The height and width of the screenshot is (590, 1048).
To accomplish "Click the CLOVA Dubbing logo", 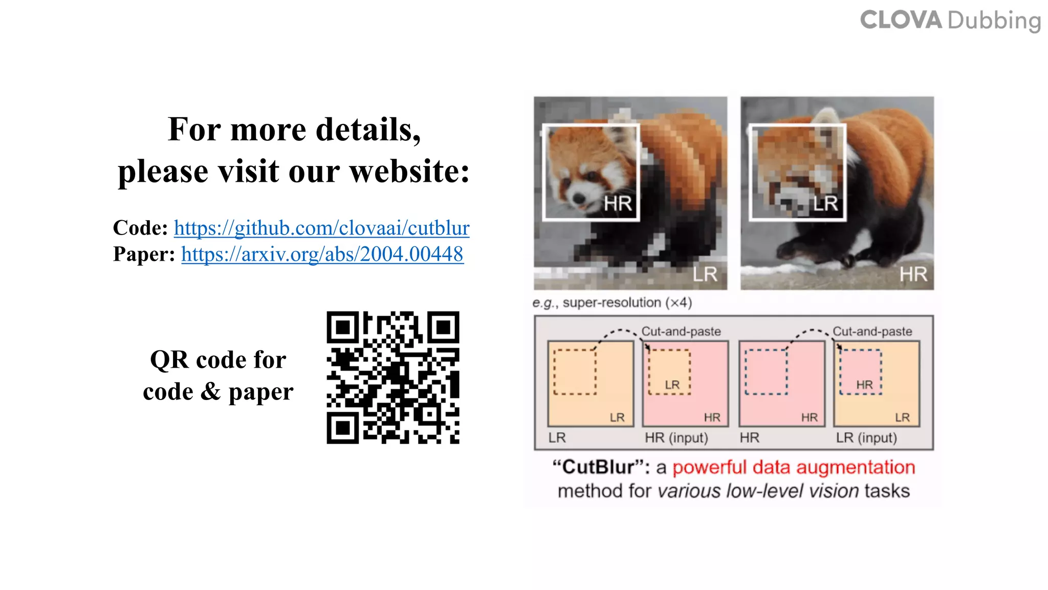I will click(950, 21).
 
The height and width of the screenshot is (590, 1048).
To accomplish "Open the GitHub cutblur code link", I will click(321, 228).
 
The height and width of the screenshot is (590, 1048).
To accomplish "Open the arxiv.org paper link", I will click(322, 254).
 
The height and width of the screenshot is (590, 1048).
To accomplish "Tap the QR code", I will click(393, 377).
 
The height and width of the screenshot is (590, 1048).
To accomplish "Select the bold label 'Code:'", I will click(140, 228).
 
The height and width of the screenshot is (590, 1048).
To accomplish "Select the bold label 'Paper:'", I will click(144, 254).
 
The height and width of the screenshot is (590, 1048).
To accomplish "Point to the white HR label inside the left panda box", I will click(618, 204).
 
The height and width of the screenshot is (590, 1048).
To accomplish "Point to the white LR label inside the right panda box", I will click(825, 204).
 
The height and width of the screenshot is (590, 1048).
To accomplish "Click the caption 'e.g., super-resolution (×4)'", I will click(612, 303).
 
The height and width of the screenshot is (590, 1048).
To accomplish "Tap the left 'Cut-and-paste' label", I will click(681, 331).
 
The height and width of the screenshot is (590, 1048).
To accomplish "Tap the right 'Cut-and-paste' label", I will click(872, 331).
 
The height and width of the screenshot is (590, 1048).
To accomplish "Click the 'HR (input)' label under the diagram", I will click(676, 438).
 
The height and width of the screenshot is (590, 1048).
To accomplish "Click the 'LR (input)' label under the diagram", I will click(866, 438).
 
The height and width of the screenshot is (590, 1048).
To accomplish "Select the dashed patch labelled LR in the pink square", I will click(669, 372).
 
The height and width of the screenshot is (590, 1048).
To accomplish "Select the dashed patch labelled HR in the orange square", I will click(861, 372).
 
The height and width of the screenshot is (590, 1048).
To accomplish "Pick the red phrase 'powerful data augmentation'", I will click(793, 467).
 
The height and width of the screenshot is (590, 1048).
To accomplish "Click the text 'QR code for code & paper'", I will click(218, 375).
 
